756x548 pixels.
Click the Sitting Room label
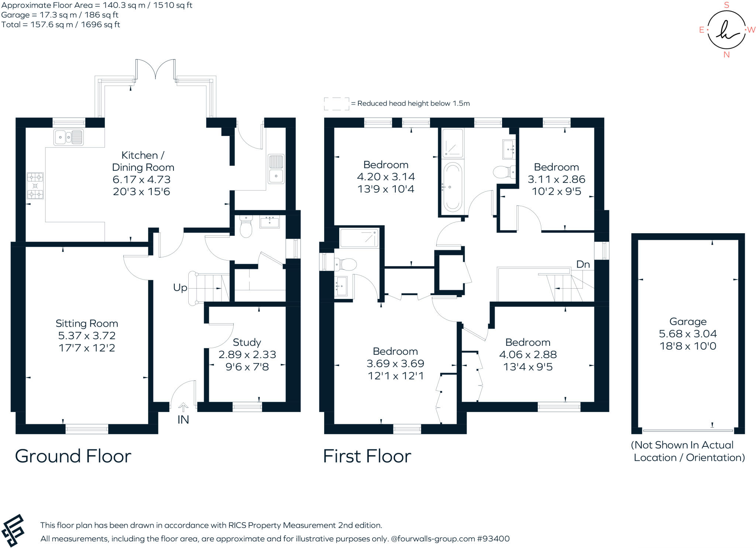coord(87,323)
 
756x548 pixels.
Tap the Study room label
coord(247,342)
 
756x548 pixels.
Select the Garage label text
coord(688,321)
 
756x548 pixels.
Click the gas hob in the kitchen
coord(35,186)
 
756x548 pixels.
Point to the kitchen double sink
coord(69,137)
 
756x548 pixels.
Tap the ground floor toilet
coord(246,226)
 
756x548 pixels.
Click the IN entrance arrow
coord(183,407)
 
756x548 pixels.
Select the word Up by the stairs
coord(180,287)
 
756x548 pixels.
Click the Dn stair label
coord(583,264)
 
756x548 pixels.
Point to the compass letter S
coord(726,5)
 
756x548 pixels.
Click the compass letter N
coord(726,55)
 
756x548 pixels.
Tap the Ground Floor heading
coord(73,456)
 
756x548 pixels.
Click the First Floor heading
coord(367,456)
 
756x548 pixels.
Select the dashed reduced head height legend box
coord(337,104)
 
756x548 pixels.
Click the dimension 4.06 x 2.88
coord(528,354)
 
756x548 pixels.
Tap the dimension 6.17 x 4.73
coord(142,180)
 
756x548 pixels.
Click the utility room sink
coord(276,169)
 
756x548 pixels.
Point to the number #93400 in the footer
coord(494,539)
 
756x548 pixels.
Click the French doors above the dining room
coord(155,69)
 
